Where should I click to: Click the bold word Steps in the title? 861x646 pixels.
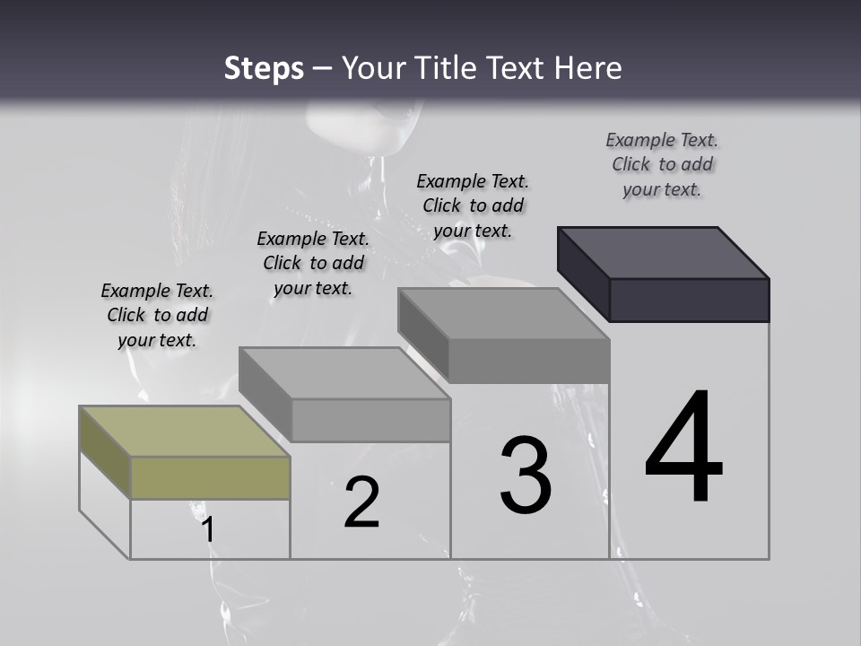point(264,68)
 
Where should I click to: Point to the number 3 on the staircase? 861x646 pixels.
point(526,476)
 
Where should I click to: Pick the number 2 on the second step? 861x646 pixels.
point(362,503)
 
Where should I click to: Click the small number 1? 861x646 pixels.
point(208,530)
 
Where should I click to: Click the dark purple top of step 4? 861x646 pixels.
point(664,252)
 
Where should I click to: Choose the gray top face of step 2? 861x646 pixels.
point(344,373)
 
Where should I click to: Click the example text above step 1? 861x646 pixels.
point(157,316)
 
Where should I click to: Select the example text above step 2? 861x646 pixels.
point(313,263)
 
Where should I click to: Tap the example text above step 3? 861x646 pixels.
point(473,205)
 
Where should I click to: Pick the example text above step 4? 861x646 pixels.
point(662,164)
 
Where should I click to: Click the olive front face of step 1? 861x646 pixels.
point(211,477)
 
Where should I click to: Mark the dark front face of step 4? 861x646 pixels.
point(689,300)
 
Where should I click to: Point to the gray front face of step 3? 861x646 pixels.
point(529,361)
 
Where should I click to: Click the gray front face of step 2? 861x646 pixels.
point(370,420)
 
